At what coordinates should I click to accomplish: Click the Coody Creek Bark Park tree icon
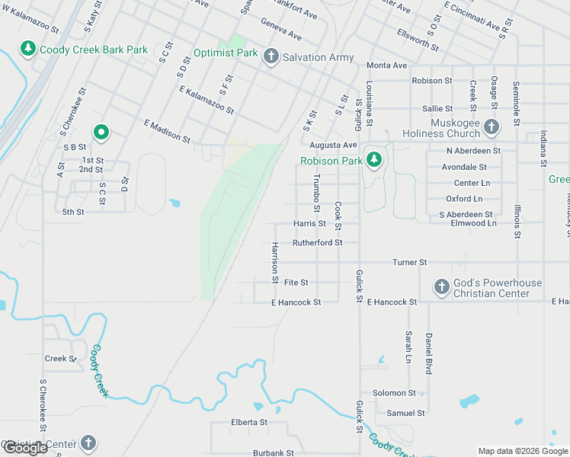(28, 50)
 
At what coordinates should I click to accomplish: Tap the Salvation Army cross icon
(271, 56)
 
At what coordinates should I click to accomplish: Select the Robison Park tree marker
(373, 160)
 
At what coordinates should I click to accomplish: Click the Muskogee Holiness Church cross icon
(492, 127)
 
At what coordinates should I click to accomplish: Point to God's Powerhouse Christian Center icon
(441, 287)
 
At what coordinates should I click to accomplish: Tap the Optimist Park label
(226, 53)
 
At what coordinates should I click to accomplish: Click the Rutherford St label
(318, 242)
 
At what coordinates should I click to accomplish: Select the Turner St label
(410, 262)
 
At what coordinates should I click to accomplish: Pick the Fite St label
(296, 282)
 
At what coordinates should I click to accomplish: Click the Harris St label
(309, 224)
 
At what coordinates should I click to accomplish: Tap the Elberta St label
(249, 422)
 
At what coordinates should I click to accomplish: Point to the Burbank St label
(274, 452)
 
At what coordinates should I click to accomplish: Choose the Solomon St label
(394, 393)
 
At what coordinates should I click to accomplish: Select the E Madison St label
(167, 130)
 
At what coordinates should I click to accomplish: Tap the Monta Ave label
(387, 66)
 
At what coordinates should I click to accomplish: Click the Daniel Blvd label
(429, 353)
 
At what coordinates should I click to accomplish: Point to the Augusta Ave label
(333, 145)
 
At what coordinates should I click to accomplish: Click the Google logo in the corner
(25, 448)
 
